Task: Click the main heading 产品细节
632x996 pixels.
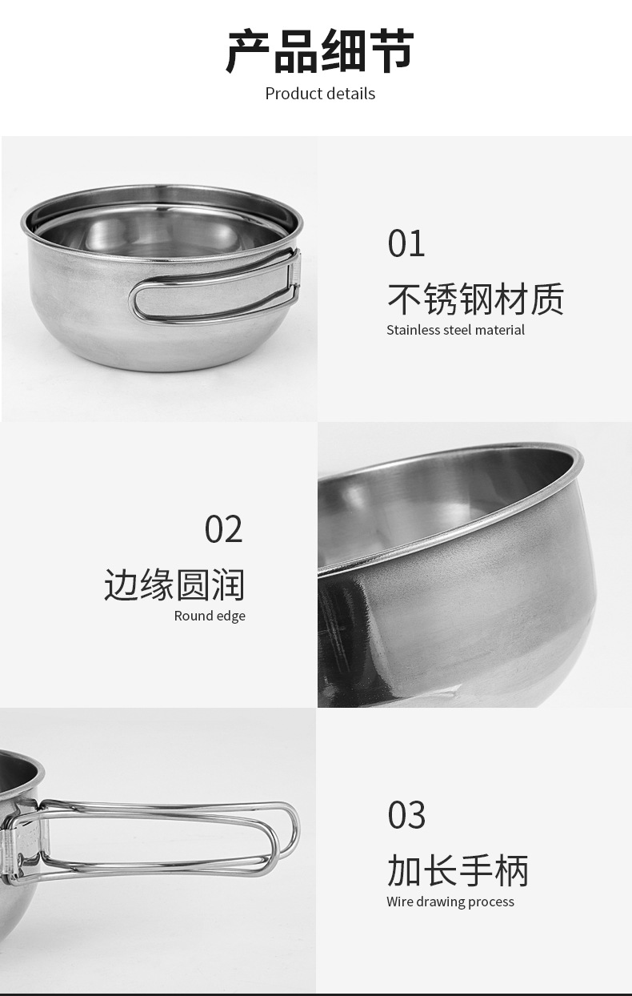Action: tap(319, 51)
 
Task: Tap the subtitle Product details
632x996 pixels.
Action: tap(320, 94)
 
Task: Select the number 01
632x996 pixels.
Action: tap(406, 243)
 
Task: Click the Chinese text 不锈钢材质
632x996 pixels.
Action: tap(475, 299)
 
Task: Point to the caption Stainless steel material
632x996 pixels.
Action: tap(455, 330)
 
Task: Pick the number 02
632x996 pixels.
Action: tap(223, 529)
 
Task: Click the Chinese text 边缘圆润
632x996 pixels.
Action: tap(174, 585)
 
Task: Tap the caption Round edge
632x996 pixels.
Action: tap(210, 616)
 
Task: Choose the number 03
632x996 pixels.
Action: tap(406, 815)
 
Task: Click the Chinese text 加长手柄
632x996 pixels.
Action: tap(458, 871)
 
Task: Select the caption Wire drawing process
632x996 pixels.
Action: tap(450, 902)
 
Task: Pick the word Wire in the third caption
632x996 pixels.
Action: tap(399, 902)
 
